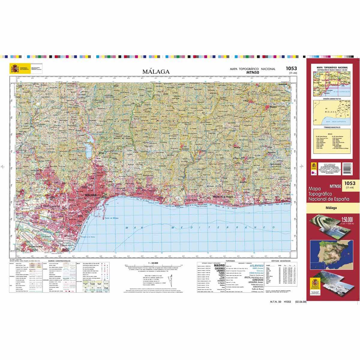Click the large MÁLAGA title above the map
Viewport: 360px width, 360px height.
tap(156, 72)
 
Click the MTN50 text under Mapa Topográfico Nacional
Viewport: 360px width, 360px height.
tap(252, 72)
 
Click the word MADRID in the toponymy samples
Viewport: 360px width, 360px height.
tap(218, 266)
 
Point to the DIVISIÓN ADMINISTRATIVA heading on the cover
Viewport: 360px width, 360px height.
tap(331, 99)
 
